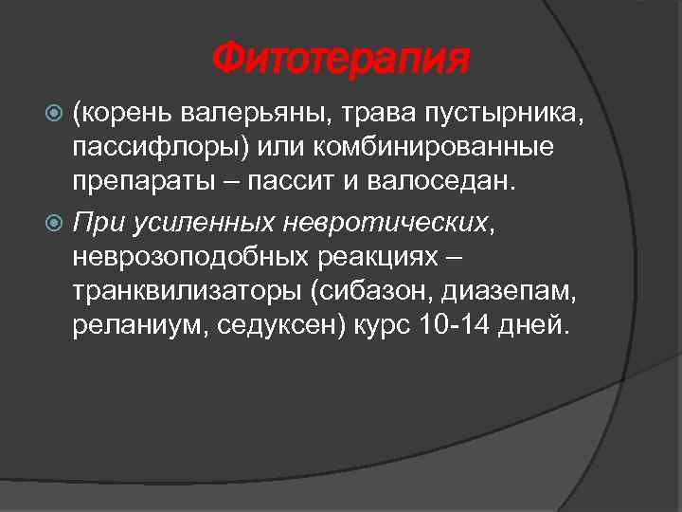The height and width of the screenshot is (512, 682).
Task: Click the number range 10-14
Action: coord(451,325)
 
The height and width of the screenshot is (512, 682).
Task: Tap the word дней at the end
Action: coord(537,325)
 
